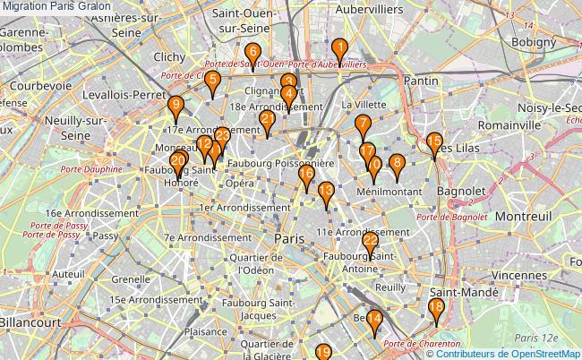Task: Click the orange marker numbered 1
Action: coord(339,50)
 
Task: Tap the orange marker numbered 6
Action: coord(252,53)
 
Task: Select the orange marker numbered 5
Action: coord(211,81)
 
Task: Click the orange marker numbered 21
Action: coord(267,121)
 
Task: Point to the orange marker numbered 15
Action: coord(434,142)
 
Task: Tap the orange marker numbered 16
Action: coord(306,176)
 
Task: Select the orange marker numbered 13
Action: coord(327,192)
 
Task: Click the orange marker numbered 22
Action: coord(370,242)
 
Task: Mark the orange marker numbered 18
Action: coord(436,309)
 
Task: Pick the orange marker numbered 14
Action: coord(374,320)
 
